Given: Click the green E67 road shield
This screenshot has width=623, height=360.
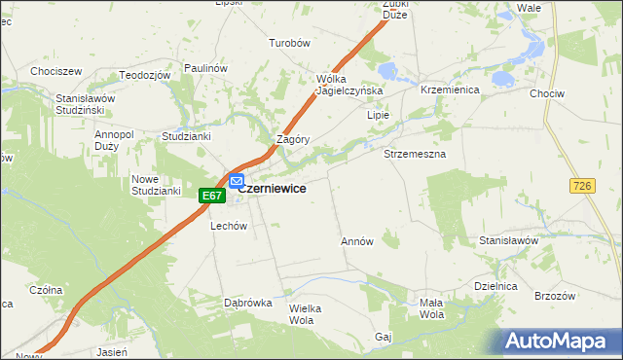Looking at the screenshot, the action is pyautogui.click(x=213, y=196).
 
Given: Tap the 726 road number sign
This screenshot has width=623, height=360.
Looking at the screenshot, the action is pyautogui.click(x=584, y=185).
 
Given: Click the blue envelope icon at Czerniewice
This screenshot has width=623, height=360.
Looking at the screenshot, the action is pyautogui.click(x=237, y=181).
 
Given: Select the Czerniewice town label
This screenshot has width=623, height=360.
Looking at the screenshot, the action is pyautogui.click(x=275, y=189).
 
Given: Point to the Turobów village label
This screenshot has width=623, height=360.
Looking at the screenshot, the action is pyautogui.click(x=289, y=44).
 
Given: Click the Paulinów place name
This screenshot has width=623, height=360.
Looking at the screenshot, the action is pyautogui.click(x=205, y=68).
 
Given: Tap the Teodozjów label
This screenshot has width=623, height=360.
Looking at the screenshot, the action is pyautogui.click(x=145, y=75).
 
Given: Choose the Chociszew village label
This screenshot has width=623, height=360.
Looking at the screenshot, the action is pyautogui.click(x=55, y=71).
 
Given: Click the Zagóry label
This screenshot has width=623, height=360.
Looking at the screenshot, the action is pyautogui.click(x=293, y=139).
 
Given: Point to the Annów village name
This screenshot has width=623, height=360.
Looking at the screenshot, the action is pyautogui.click(x=357, y=240).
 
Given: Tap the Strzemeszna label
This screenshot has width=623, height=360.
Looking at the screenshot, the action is pyautogui.click(x=415, y=155).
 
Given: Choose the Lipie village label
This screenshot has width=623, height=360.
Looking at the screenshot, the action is pyautogui.click(x=378, y=115).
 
